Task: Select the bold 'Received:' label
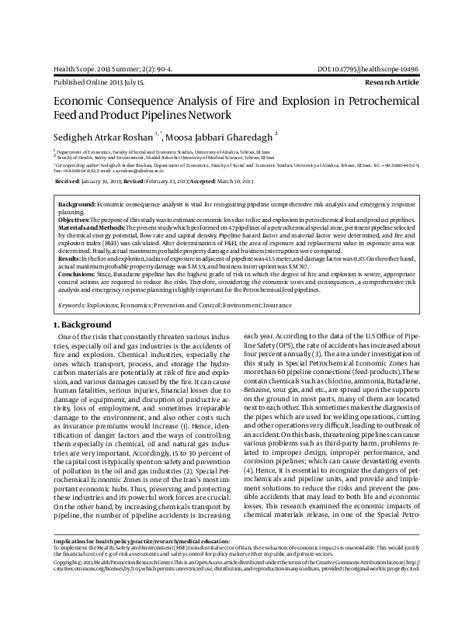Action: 67,180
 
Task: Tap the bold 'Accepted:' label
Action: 215,180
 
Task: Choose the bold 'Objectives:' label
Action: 75,221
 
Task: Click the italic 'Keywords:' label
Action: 72,307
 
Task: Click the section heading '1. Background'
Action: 82,323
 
